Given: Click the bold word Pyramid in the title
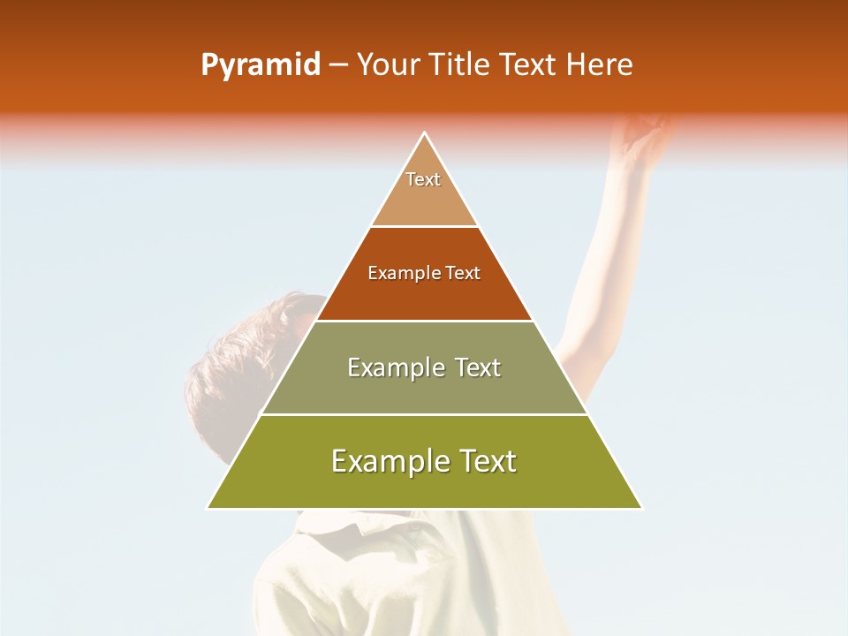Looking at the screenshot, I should (261, 65).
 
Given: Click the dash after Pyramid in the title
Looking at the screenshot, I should (338, 65).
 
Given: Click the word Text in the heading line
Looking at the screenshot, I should (529, 65).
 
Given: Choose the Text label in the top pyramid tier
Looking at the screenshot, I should (423, 179).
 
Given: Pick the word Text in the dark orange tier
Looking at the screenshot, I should (463, 274).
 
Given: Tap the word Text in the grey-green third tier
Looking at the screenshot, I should (478, 367).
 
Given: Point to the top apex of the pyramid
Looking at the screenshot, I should (424, 133).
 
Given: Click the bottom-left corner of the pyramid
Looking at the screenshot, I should (208, 508).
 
